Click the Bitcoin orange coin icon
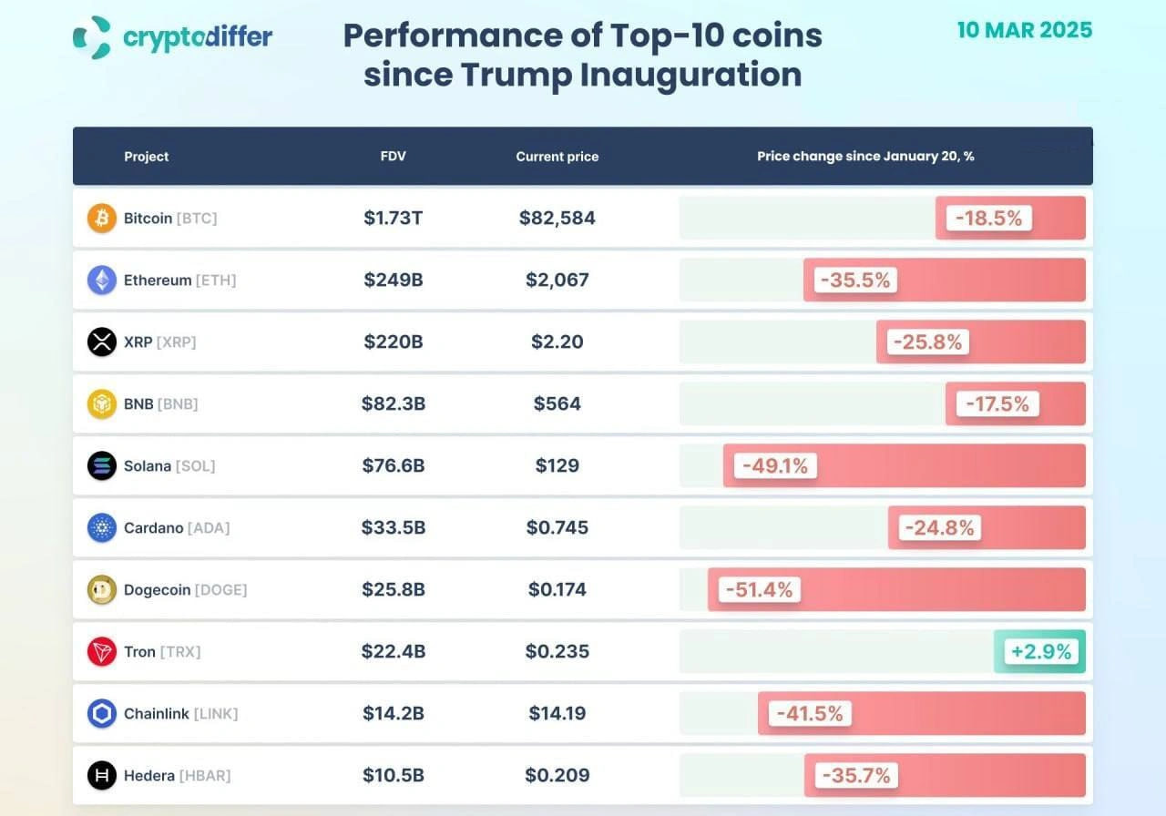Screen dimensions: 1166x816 (102, 218)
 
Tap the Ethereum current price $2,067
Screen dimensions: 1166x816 (557, 280)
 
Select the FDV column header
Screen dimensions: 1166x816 (393, 156)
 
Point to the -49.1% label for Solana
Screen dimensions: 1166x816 (775, 465)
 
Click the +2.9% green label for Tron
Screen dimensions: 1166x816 (1040, 651)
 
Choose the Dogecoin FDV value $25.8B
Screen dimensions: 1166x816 (394, 589)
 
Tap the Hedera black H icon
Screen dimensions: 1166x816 (102, 775)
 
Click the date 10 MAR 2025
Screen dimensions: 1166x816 (1025, 30)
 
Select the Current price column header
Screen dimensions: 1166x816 (557, 157)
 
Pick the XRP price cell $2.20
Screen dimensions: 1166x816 (557, 342)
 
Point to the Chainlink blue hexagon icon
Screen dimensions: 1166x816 (102, 713)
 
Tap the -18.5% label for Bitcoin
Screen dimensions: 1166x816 (988, 218)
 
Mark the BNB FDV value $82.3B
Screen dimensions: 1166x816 (394, 403)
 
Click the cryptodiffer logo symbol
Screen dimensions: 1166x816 (92, 37)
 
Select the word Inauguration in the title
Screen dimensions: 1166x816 (690, 75)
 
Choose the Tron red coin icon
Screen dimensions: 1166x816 (102, 651)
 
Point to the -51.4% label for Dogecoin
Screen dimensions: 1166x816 (760, 589)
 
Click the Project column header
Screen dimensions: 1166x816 (147, 157)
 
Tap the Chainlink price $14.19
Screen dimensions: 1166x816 (557, 713)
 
